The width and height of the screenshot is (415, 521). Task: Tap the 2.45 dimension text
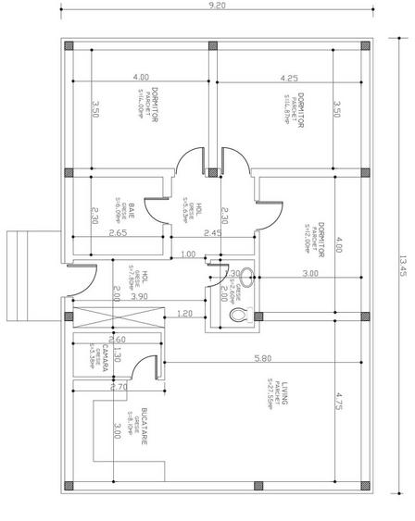tap(212, 233)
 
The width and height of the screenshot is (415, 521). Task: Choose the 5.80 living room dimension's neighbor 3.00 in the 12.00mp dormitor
tap(310, 275)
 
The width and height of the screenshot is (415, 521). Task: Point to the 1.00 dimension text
tap(187, 254)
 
